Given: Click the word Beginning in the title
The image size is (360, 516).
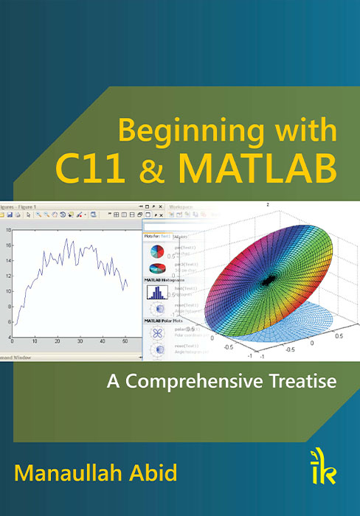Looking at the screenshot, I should pos(174,132).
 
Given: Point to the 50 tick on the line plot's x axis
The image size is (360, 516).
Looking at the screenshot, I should pos(126,341).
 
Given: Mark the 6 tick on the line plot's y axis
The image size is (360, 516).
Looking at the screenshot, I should pos(8,322).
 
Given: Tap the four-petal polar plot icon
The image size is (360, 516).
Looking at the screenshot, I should pos(157,332).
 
